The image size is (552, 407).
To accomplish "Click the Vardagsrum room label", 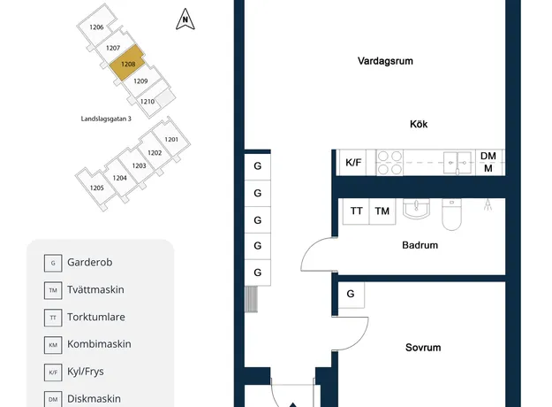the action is [x=385, y=61].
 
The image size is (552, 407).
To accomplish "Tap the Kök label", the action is [x=419, y=124].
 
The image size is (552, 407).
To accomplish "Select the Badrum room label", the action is [x=420, y=245].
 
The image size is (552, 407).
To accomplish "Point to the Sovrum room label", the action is [x=423, y=348].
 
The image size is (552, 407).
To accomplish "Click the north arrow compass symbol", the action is [x=185, y=19].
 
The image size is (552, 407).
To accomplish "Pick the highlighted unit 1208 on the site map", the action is [x=127, y=63].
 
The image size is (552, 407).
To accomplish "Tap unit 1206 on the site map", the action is [x=96, y=27].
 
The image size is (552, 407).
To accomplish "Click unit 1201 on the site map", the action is [x=171, y=139].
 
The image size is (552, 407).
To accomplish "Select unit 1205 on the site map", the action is [x=96, y=188].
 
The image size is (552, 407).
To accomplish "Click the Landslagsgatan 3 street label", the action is [x=106, y=119].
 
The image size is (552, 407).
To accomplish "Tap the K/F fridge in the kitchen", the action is [x=353, y=163].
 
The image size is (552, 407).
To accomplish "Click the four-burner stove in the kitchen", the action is [x=389, y=163].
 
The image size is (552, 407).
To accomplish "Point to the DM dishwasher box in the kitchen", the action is [x=489, y=163].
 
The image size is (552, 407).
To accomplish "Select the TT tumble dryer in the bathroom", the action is [x=356, y=211].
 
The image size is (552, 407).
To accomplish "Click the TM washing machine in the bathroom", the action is [x=382, y=211].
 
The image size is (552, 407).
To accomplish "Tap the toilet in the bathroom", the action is [x=451, y=214].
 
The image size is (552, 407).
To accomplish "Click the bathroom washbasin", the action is [x=416, y=209].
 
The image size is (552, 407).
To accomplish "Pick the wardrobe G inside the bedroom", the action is [x=351, y=294].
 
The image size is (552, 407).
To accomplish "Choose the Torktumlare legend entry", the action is [x=85, y=317].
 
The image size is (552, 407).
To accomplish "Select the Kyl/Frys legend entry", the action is [x=74, y=372].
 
